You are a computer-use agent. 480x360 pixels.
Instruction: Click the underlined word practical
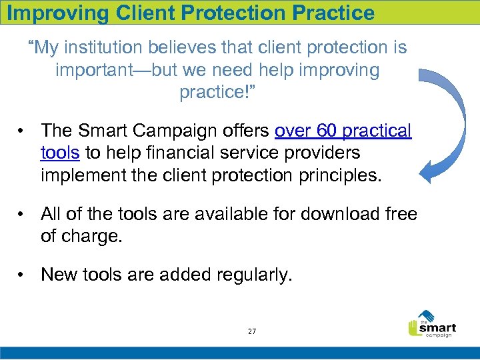point(376,131)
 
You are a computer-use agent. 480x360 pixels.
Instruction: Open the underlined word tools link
point(60,153)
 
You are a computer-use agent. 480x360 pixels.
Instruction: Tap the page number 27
point(251,331)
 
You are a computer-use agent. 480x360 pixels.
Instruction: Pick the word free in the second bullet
point(401,214)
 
